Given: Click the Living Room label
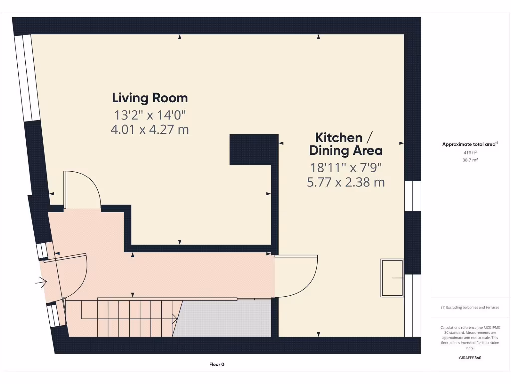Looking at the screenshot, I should click(x=150, y=98).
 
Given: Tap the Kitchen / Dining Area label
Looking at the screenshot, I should click(x=345, y=144).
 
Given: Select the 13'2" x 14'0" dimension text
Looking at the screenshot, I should click(x=150, y=115).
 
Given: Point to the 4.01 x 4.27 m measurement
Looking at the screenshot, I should click(x=150, y=130).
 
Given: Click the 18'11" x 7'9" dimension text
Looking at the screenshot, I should click(x=345, y=167).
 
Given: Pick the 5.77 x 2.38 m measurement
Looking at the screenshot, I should click(x=345, y=182).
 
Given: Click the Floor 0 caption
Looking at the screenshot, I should click(x=217, y=364).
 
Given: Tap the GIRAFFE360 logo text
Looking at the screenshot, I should click(x=470, y=358).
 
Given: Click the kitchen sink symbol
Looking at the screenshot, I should click(x=393, y=277).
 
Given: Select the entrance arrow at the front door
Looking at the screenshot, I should click(x=41, y=283).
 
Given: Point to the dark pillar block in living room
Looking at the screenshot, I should click(x=254, y=149).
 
